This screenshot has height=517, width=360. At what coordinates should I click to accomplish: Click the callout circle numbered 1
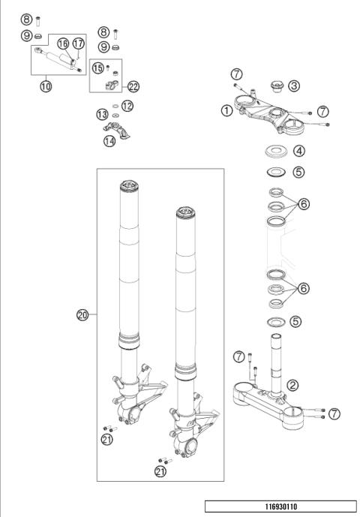226,110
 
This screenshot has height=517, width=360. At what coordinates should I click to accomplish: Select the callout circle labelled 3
295,86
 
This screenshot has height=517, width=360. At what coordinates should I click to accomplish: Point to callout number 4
298,151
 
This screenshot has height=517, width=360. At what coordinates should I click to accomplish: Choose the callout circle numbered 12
127,106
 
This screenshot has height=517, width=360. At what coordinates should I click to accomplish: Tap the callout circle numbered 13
102,114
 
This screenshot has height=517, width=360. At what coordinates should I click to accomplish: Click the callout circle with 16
62,43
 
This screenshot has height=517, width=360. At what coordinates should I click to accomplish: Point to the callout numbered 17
79,43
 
